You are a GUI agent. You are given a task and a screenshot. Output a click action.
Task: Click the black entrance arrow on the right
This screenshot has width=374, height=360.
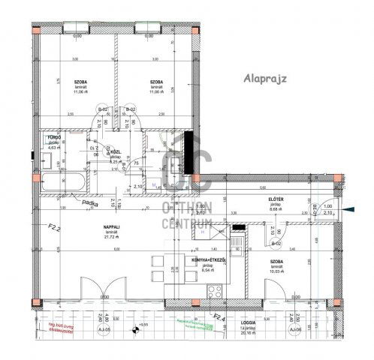coord(351,209)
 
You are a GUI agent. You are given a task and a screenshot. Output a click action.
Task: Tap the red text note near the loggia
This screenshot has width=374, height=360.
coord(59,329)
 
